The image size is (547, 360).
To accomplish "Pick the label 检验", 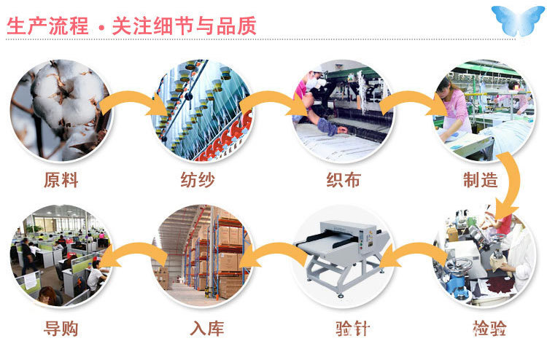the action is pyautogui.click(x=489, y=329).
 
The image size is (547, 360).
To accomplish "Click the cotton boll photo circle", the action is pyautogui.click(x=60, y=110).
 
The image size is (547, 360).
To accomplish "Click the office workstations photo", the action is pyautogui.click(x=60, y=255).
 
